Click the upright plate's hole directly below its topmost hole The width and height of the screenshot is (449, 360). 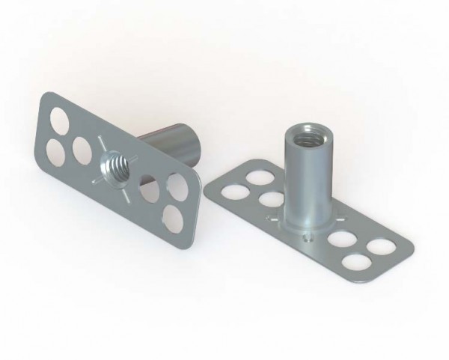pos(55,151)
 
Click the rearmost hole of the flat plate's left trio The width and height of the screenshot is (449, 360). pos(258,178)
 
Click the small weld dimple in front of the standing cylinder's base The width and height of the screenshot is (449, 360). pos(308,237)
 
